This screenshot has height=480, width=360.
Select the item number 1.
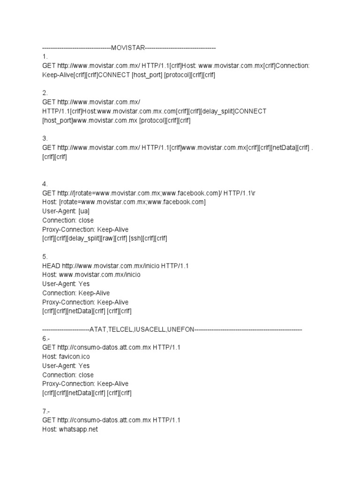45,57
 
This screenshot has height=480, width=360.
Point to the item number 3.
45,138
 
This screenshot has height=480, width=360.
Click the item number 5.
45,256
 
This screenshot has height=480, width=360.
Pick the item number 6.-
46,338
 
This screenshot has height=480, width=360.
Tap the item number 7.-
46,411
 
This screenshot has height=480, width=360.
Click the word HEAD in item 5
51,266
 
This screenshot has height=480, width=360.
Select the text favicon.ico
74,357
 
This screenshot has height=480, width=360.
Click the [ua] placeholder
84,211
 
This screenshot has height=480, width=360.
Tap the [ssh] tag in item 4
137,239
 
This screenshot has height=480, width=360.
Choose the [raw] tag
110,239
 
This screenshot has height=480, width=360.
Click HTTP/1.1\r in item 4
239,193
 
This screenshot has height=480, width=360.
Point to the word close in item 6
85,375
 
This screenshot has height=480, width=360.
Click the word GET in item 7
49,420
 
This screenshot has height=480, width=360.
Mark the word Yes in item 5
84,284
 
